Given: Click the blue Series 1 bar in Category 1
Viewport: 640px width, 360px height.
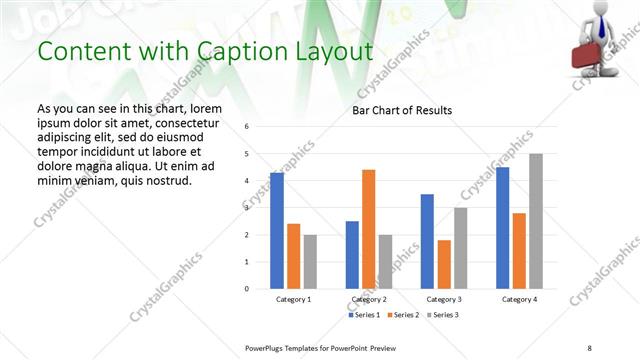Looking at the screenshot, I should click(x=277, y=231).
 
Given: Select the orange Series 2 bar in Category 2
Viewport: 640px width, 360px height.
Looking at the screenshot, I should click(x=369, y=229).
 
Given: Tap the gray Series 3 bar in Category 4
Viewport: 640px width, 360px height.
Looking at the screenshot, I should click(x=536, y=221).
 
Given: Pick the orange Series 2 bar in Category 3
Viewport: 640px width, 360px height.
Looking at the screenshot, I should click(x=444, y=264).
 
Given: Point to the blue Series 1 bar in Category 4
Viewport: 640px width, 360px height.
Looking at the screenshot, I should click(x=503, y=228).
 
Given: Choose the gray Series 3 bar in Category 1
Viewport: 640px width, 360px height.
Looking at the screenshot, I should click(x=310, y=262).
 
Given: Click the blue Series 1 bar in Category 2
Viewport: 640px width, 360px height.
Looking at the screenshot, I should click(x=352, y=255).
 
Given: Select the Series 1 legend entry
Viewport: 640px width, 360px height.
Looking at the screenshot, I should click(x=365, y=315).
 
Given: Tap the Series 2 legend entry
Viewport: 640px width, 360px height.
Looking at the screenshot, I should click(x=404, y=315).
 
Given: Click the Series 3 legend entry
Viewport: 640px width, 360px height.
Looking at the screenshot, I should click(x=443, y=315).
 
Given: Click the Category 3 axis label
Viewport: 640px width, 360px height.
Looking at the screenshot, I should click(x=444, y=300).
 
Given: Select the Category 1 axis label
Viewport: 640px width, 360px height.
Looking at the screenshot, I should click(x=294, y=300).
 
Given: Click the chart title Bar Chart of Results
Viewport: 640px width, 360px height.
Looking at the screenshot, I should click(x=401, y=110).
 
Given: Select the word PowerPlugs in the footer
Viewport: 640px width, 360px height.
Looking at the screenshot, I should click(x=267, y=347).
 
